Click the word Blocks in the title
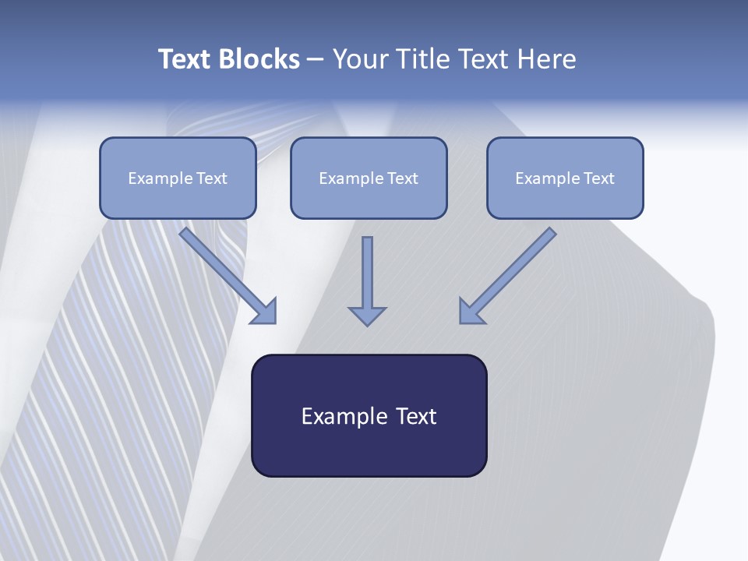click(x=259, y=59)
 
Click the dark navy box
click(x=369, y=444)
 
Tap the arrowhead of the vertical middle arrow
click(x=367, y=316)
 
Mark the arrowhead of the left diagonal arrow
click(x=265, y=312)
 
